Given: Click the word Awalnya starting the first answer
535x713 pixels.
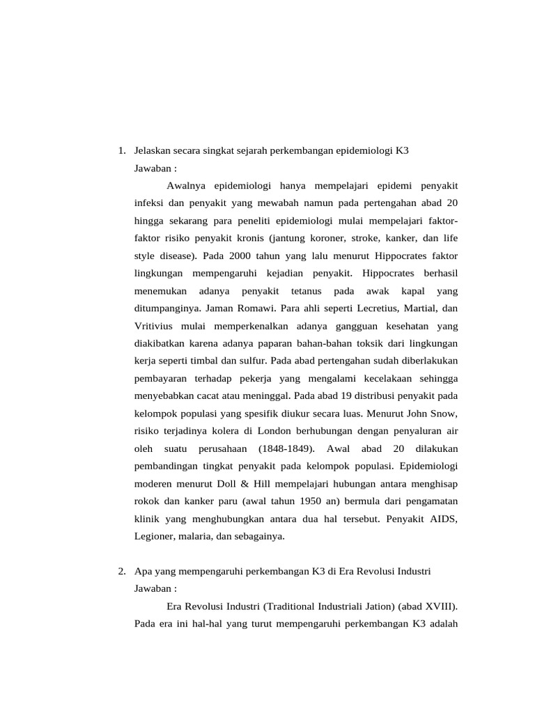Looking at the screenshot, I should point(187,185).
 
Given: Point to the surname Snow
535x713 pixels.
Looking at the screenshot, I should point(444,414).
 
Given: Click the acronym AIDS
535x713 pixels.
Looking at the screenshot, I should point(445,519).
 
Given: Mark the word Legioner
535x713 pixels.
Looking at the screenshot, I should point(153,536).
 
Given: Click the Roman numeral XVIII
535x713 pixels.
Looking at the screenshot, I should point(435,606).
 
